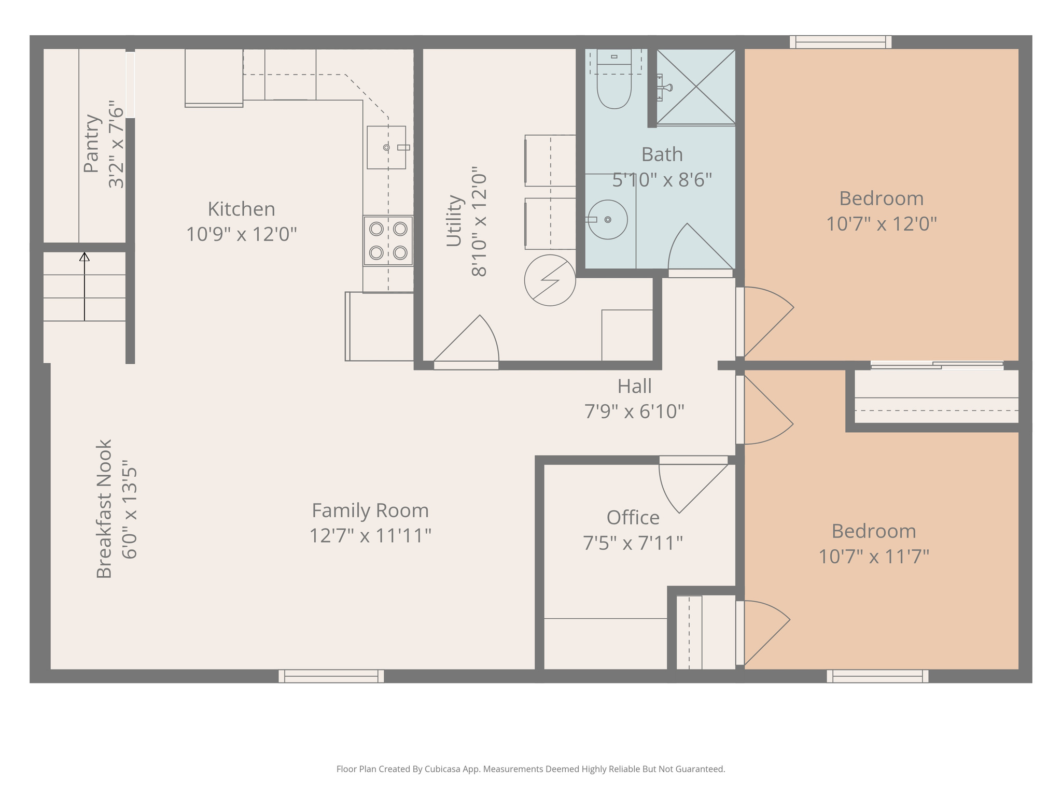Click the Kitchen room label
click(x=241, y=209)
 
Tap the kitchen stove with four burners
click(x=388, y=241)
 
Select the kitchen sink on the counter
click(x=386, y=148)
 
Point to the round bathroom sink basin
click(x=608, y=220)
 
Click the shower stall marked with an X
click(x=696, y=87)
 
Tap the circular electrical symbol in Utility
click(x=550, y=280)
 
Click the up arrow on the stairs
click(x=85, y=285)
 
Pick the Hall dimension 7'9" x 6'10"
click(x=634, y=412)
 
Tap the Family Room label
click(x=370, y=510)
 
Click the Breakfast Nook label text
click(x=104, y=509)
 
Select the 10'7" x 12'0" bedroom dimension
click(x=881, y=224)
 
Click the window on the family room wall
click(x=331, y=676)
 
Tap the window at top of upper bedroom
click(x=840, y=42)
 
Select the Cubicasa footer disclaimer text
click(x=530, y=769)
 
